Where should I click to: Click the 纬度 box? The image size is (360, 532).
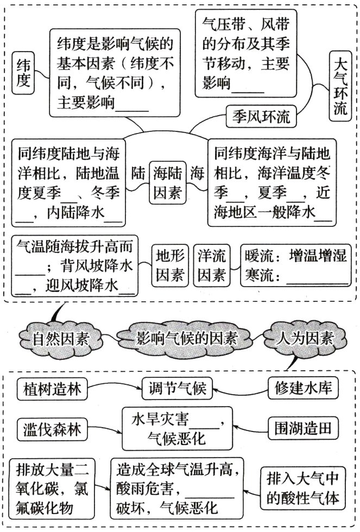coord(23,74)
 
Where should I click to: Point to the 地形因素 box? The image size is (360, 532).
coord(169,265)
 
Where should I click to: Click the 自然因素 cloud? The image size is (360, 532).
coord(61,340)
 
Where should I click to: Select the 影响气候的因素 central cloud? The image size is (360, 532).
coord(187,339)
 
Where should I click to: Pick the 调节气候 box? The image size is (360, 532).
coord(176,389)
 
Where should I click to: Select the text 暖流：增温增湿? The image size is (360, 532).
coord(295,256)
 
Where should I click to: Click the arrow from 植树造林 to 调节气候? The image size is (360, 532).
coord(114,389)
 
